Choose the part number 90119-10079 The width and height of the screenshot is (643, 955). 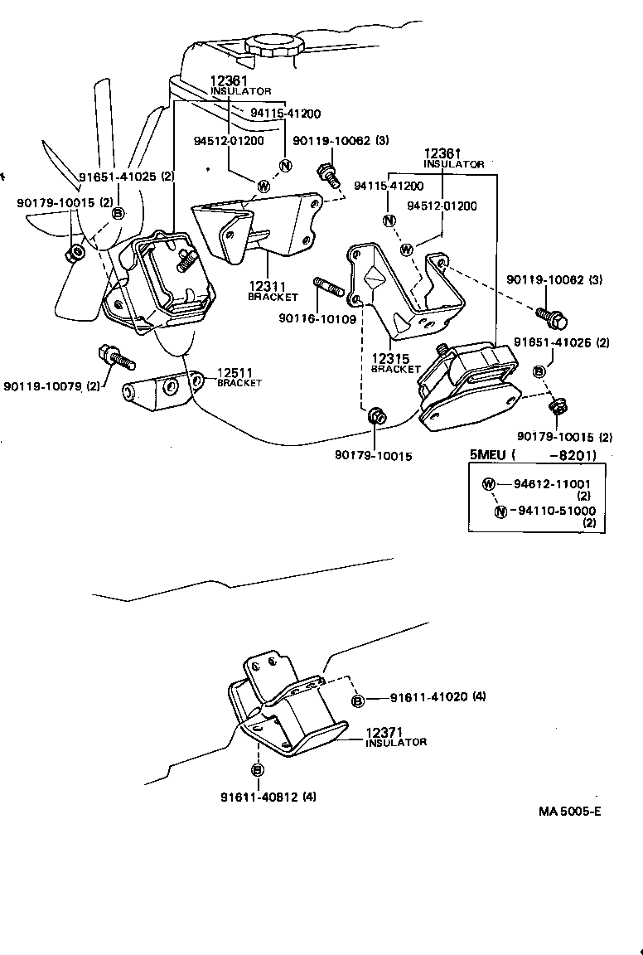pyautogui.click(x=42, y=385)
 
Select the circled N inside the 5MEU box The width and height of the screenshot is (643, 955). pyautogui.click(x=500, y=511)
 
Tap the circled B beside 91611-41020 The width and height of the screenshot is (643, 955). pyautogui.click(x=358, y=701)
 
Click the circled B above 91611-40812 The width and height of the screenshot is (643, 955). pyautogui.click(x=257, y=770)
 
